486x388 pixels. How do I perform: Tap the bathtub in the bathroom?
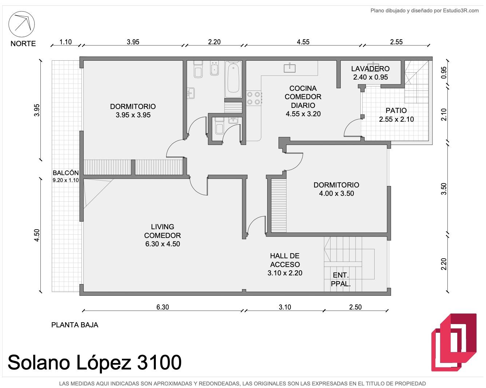[x=233, y=79]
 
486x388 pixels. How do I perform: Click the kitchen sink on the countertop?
[x=289, y=68]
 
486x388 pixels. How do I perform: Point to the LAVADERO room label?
[x=370, y=69]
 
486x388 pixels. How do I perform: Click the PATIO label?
[x=396, y=110]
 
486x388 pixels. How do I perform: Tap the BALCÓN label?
[x=66, y=173]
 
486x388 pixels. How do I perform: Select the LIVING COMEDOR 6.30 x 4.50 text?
[x=163, y=235]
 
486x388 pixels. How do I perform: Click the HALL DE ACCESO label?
[x=285, y=260]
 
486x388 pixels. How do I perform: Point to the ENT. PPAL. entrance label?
[x=341, y=279]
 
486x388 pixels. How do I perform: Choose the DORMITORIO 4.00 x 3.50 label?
[x=336, y=189]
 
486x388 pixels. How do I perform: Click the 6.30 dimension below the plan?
[x=163, y=307]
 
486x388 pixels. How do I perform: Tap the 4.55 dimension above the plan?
[x=303, y=42]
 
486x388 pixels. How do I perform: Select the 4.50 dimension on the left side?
[x=37, y=235]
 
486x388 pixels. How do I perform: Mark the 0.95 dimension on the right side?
[x=444, y=73]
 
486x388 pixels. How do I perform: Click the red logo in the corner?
[x=454, y=343]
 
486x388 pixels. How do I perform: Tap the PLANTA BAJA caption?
[x=75, y=325]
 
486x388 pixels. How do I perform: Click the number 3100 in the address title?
[x=159, y=362]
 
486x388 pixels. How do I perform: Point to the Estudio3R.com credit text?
[x=461, y=11]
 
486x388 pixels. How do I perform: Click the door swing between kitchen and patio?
[x=349, y=126]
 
